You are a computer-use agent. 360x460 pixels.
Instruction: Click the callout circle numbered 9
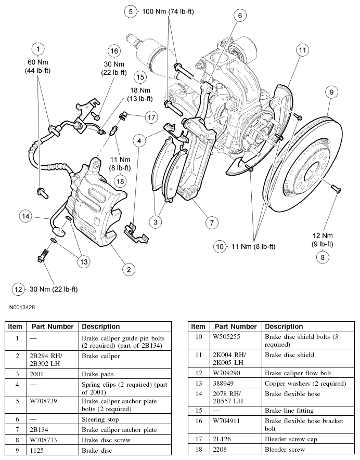point(330,92)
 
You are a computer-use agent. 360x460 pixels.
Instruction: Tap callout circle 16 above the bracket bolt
point(114,50)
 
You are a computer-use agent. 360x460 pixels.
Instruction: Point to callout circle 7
point(211,222)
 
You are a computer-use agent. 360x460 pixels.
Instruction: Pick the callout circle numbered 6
point(240,16)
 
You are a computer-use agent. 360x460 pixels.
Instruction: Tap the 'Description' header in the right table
point(284,326)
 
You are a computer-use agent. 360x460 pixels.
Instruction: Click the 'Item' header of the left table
point(15,326)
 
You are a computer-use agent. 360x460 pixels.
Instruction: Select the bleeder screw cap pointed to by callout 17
point(124,114)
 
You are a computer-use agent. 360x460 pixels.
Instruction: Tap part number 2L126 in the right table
point(225,439)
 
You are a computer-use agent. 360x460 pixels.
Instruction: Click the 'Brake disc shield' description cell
point(289,355)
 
